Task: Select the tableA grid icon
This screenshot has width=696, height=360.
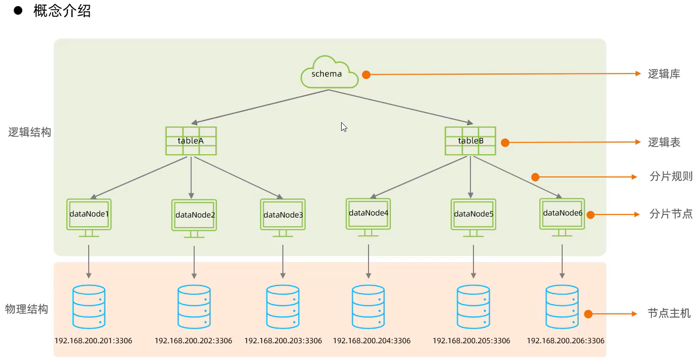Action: point(191,141)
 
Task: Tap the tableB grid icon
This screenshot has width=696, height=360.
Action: point(470,141)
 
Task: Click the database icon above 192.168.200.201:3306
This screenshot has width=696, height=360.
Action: point(89,307)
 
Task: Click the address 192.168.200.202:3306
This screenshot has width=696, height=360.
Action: point(193,341)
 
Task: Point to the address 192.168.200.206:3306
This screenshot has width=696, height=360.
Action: point(565,341)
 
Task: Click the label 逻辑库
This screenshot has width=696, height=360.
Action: point(664,74)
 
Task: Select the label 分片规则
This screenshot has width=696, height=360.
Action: point(671,177)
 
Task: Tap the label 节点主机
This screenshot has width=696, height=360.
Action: point(669,313)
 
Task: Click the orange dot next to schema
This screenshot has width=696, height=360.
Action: point(366,75)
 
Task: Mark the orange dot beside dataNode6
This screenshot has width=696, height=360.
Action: point(590,215)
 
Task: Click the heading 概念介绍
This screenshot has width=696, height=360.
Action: point(62,11)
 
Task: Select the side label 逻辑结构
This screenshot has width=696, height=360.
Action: point(29,133)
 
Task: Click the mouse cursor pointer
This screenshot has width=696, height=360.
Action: point(344,127)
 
